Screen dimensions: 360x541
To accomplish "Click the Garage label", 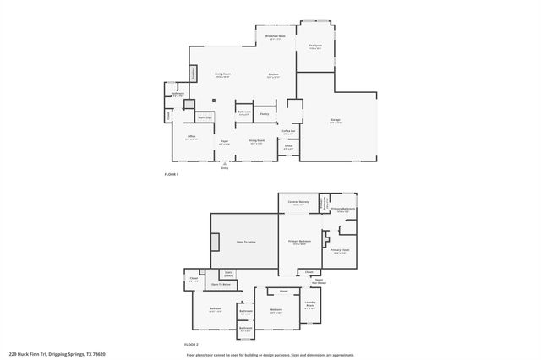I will click(335, 123).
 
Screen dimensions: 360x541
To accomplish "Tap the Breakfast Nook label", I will click(275, 37).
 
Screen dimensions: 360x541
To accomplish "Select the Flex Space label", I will click(315, 46).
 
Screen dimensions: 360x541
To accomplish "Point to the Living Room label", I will click(223, 75).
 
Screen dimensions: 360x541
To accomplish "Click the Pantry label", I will click(265, 112).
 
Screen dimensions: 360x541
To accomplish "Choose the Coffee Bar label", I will click(288, 132).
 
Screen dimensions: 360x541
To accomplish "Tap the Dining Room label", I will click(257, 141).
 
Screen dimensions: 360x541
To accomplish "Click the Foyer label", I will click(224, 142).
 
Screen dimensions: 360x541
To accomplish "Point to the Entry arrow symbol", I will click(225, 163).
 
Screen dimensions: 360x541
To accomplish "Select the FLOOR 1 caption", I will click(172, 174).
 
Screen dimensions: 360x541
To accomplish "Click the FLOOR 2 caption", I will click(192, 345).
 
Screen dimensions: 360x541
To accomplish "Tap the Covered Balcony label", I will click(298, 202).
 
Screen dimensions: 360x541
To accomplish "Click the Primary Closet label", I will click(340, 251).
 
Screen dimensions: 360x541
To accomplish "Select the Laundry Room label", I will click(310, 305).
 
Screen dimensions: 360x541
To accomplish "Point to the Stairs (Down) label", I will click(228, 274).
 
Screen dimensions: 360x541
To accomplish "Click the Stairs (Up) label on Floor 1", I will click(205, 117).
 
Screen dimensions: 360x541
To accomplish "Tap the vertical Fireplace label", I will click(194, 74).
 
